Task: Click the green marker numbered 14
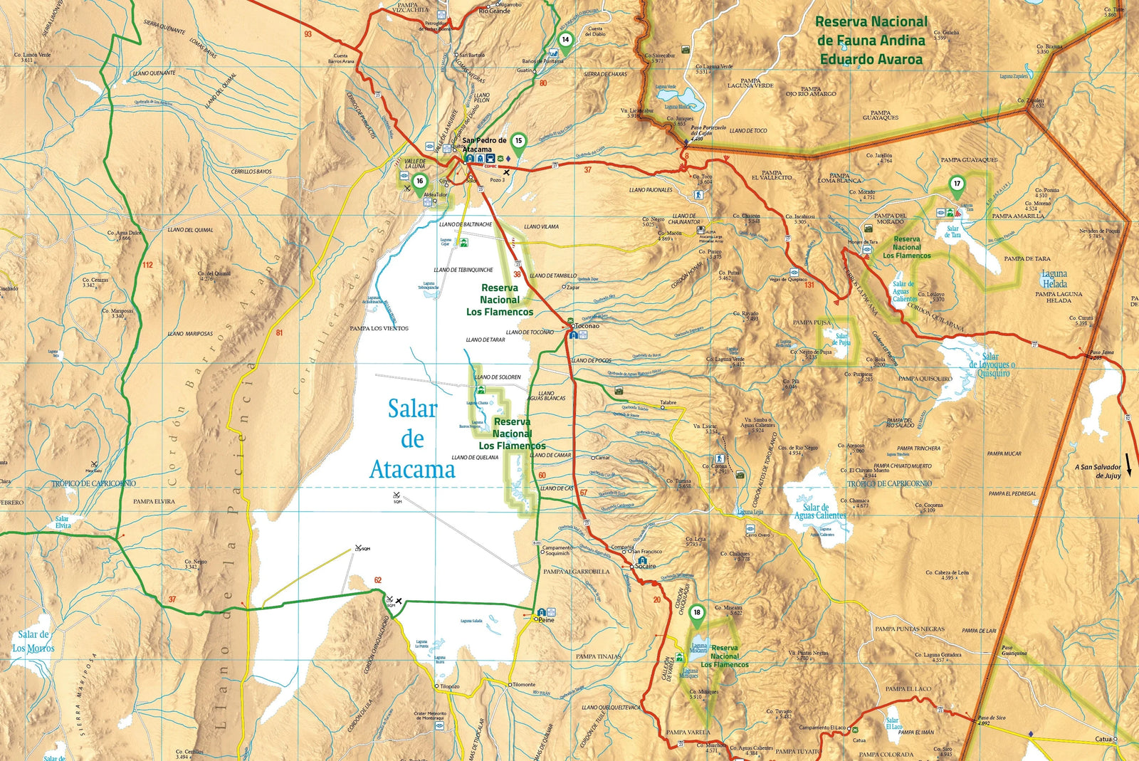(565, 41)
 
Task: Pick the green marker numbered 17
(957, 184)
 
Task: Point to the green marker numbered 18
(697, 613)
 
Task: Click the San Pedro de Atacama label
(484, 145)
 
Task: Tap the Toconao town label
(587, 326)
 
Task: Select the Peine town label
(546, 620)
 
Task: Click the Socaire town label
(646, 566)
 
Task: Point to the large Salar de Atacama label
(412, 439)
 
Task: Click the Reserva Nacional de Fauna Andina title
(871, 41)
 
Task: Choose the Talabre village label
(668, 403)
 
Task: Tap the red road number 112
(147, 265)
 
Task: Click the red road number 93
(308, 34)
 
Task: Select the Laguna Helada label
(1054, 278)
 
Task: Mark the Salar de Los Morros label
(33, 641)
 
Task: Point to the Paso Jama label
(1101, 352)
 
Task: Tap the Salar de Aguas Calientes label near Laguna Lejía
(820, 511)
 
